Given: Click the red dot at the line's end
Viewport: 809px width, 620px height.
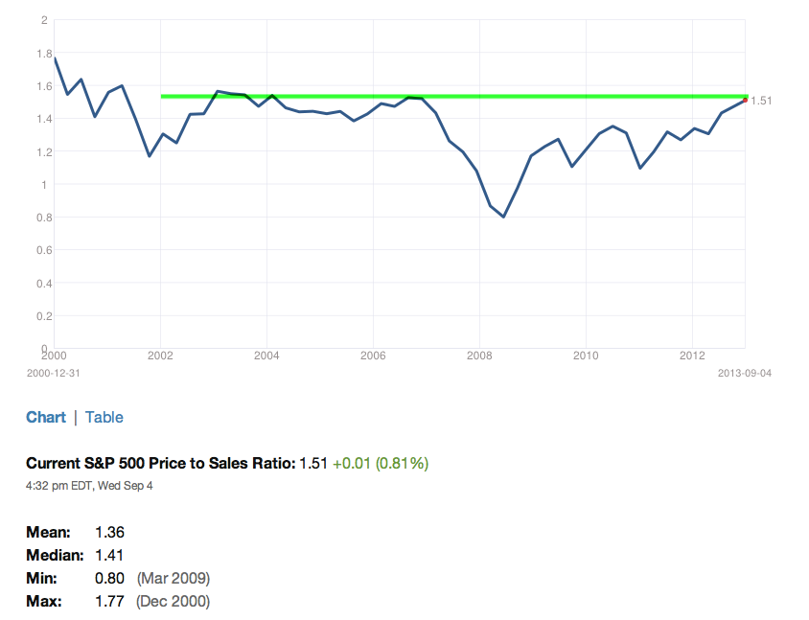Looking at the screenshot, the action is point(745,100).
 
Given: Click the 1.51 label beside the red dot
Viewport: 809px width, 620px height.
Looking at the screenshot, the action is point(761,101).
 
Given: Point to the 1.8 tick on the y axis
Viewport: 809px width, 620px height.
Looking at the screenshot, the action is point(44,53).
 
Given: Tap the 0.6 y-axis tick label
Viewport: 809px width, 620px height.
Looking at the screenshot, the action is point(44,250).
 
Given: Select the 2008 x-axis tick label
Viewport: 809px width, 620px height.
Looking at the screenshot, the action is point(479,356).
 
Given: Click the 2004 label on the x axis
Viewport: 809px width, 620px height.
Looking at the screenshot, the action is point(266,356).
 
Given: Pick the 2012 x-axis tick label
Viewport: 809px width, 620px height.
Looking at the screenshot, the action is point(692,356).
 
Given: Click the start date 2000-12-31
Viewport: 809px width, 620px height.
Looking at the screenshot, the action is point(54,373).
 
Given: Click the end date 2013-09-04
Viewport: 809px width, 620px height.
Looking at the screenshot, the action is point(745,373).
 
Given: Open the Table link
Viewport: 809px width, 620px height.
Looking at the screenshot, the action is point(104,417).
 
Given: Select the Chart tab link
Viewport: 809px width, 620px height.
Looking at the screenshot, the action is point(46,417).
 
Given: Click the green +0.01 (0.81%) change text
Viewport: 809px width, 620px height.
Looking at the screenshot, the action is point(381,463).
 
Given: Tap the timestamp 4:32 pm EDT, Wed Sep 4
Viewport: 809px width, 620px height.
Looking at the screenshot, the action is point(89,486).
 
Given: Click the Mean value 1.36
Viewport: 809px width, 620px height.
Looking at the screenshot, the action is point(110,532).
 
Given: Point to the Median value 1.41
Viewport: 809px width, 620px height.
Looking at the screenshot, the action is point(109,556).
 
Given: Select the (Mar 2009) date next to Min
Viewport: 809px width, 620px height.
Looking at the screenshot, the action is point(173,578).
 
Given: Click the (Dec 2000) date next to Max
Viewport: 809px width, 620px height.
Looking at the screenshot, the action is point(173,602).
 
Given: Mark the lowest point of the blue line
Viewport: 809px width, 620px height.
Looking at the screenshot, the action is point(503,217).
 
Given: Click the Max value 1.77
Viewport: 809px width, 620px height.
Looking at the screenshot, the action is point(110,602).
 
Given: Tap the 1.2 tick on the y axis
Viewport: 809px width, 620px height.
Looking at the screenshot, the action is point(44,152).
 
